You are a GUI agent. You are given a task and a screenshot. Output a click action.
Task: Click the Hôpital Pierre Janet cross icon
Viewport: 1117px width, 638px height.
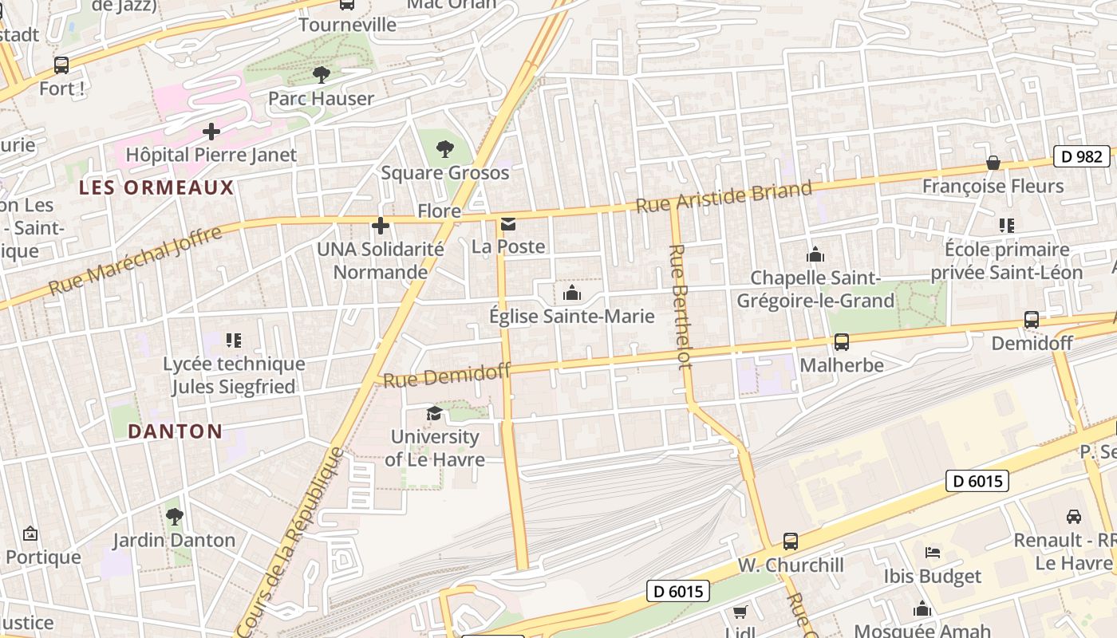click(211, 131)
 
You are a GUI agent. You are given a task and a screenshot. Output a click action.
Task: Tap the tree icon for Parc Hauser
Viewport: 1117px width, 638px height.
click(322, 75)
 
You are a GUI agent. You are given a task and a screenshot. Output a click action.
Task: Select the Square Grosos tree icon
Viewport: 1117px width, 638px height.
click(445, 148)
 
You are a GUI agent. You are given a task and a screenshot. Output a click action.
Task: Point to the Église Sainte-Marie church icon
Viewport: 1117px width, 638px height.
click(572, 293)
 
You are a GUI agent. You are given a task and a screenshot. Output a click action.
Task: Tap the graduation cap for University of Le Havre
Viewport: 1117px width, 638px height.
click(434, 413)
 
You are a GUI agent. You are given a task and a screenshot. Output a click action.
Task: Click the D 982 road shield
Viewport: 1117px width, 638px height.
click(1082, 156)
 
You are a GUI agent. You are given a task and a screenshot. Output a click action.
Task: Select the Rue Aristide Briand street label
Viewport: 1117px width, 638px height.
click(724, 196)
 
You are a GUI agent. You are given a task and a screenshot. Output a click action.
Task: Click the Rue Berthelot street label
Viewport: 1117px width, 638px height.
click(680, 306)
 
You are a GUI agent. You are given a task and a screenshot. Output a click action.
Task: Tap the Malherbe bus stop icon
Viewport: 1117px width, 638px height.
click(842, 342)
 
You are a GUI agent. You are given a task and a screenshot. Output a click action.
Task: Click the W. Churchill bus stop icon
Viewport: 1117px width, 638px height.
click(791, 542)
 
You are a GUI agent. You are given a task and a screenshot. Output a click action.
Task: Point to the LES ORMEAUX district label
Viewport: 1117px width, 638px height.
click(156, 188)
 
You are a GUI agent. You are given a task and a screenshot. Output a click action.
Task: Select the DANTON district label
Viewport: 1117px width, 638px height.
click(176, 431)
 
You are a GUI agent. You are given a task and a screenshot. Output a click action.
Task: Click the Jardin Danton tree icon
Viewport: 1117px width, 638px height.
click(174, 517)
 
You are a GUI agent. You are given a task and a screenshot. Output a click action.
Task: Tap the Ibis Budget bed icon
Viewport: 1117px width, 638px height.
click(932, 553)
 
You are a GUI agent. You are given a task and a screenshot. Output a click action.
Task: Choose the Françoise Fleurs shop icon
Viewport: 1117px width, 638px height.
click(993, 163)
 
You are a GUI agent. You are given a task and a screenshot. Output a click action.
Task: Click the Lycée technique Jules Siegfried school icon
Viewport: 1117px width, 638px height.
click(233, 341)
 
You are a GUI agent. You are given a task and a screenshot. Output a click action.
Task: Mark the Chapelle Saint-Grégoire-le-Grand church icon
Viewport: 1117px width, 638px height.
click(815, 254)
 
